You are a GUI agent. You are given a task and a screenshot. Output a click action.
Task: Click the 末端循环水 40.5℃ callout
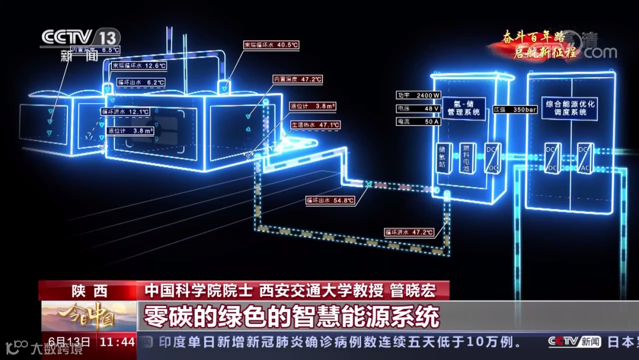point(272,44)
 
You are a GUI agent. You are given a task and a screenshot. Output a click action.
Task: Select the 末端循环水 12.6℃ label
point(138,66)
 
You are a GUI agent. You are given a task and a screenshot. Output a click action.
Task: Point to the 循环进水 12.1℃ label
point(125,111)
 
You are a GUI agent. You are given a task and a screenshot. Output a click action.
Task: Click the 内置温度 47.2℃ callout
point(298,79)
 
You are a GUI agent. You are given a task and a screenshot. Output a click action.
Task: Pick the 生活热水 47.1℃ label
point(315,125)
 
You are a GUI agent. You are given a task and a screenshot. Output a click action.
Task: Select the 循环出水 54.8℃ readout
point(330,200)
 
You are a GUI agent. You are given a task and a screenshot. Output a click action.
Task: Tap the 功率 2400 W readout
point(419,95)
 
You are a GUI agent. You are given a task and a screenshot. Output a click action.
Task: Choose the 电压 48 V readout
point(419,109)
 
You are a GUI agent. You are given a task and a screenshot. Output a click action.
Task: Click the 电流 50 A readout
point(419,121)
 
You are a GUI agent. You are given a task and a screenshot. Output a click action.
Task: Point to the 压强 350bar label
point(515,110)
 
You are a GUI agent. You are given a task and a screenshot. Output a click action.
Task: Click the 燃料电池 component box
point(466,158)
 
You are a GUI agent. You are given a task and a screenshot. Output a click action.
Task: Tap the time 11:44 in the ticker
point(117,342)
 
